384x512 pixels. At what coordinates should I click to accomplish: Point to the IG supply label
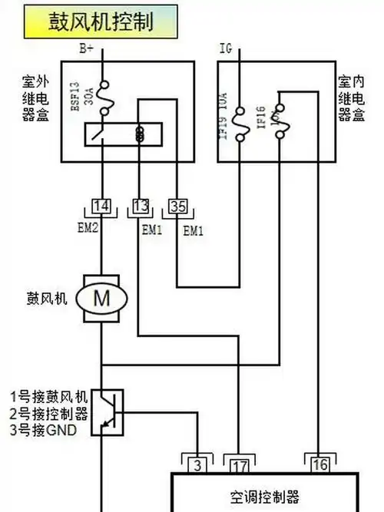point(225,48)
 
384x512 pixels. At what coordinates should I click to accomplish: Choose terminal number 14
point(101,206)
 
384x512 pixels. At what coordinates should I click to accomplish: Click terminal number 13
point(139,206)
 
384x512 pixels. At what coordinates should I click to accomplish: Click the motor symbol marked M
point(101,299)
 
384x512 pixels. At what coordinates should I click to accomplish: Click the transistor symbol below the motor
point(103,411)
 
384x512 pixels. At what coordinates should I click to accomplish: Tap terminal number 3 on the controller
point(198,464)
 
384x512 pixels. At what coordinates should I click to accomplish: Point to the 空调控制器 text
point(263,495)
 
